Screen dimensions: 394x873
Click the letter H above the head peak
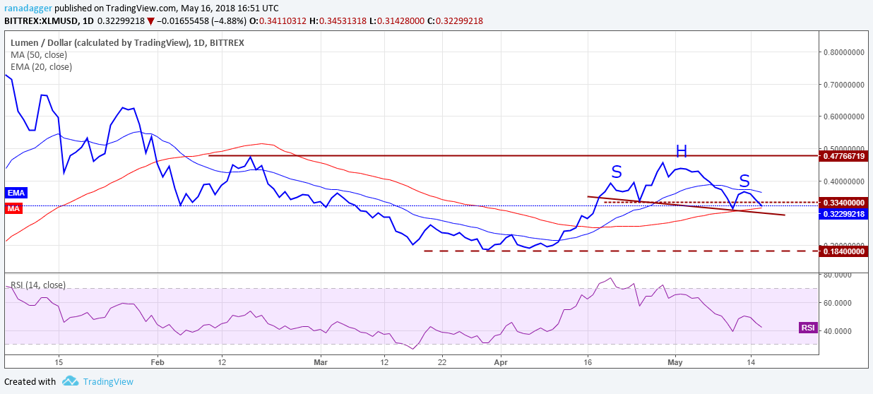point(681,151)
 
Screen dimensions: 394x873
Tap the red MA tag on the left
point(13,208)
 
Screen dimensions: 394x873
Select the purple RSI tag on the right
point(808,328)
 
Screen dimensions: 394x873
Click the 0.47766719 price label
point(844,155)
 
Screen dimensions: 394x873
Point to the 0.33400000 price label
point(844,202)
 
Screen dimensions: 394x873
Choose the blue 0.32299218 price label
point(844,214)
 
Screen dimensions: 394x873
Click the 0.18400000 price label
point(844,251)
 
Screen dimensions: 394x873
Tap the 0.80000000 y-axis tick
point(844,52)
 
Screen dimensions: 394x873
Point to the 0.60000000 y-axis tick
point(844,117)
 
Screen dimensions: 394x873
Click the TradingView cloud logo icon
point(70,381)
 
